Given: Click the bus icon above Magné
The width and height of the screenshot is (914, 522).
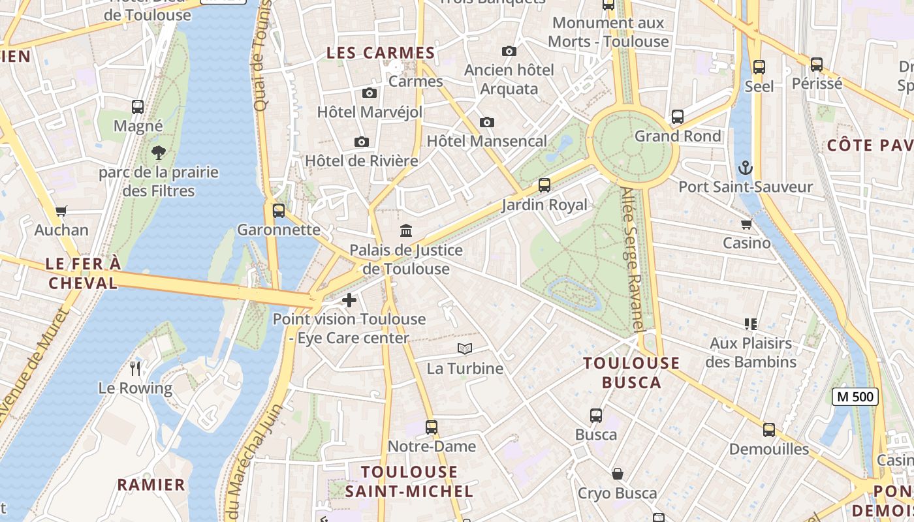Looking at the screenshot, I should [x=138, y=107].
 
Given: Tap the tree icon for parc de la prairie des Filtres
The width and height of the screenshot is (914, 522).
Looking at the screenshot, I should [x=158, y=153].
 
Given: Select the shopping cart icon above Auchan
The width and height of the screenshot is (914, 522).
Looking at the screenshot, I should [x=61, y=211].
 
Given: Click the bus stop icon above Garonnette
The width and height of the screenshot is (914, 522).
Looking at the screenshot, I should [x=279, y=211].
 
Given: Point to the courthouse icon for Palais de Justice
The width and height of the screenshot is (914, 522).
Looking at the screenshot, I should [x=406, y=230].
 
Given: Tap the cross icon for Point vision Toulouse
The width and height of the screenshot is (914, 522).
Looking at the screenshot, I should [x=349, y=300].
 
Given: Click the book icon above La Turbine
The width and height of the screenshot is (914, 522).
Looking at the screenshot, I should [x=464, y=349].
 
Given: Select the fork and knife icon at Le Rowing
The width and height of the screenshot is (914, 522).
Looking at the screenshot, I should [x=135, y=369].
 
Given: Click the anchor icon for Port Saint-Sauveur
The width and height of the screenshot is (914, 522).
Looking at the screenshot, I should [x=745, y=168].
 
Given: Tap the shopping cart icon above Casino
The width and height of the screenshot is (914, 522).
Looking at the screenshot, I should [x=746, y=224].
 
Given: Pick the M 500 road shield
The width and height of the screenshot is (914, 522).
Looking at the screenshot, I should [x=855, y=396].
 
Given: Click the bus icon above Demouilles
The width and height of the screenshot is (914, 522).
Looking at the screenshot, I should [x=769, y=430].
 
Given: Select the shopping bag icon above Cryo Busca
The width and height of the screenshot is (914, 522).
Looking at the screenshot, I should [x=617, y=474].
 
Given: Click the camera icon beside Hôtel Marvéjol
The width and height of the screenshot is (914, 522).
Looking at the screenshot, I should [x=370, y=93].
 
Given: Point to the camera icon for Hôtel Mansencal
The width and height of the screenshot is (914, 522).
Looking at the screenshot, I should [x=486, y=122].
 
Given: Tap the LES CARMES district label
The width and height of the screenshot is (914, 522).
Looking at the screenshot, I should [x=380, y=54].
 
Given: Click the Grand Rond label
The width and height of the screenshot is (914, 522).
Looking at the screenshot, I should [x=678, y=136].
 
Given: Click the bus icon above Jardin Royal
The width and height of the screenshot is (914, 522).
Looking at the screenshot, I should [x=544, y=185].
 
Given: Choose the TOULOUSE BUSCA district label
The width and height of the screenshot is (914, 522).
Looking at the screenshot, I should [x=631, y=373].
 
